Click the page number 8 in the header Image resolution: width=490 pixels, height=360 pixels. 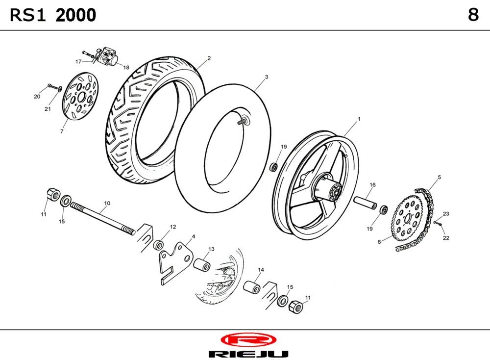tap(473, 15)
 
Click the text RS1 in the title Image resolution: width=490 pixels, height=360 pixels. tap(28, 16)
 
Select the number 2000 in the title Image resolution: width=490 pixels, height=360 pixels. tap(76, 16)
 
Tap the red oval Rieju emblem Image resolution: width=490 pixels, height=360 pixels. tap(248, 340)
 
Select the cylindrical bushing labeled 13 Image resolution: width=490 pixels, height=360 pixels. tap(202, 264)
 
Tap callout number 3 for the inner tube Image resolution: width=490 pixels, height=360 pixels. tap(266, 77)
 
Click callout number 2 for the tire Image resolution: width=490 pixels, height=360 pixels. tap(209, 58)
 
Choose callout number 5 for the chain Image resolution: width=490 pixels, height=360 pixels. tap(439, 177)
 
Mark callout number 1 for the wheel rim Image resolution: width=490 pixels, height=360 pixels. tap(359, 119)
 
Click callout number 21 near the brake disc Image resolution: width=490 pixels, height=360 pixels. tap(48, 109)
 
